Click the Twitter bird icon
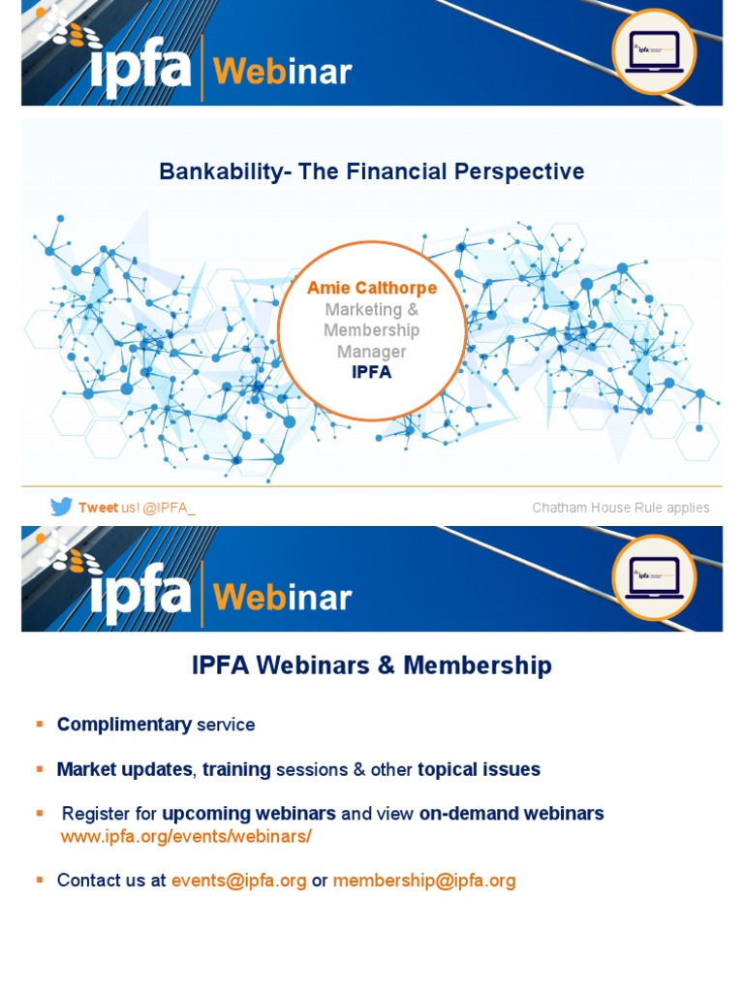click(61, 507)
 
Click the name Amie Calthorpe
click(372, 289)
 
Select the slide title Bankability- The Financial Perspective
click(372, 172)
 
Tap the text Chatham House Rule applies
click(620, 508)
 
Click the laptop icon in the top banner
click(654, 50)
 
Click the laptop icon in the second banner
click(654, 577)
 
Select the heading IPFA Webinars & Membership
click(372, 666)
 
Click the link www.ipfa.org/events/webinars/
click(186, 835)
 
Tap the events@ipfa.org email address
click(238, 881)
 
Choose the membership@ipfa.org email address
click(424, 881)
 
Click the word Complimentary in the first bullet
click(124, 725)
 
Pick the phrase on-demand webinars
click(511, 814)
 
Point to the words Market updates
click(124, 770)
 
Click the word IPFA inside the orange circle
click(372, 372)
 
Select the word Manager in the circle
click(372, 352)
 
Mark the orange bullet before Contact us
click(40, 880)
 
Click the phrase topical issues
click(479, 770)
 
